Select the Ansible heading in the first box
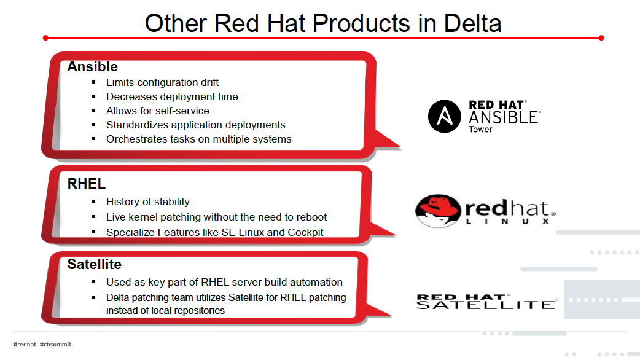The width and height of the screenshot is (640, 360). point(92,66)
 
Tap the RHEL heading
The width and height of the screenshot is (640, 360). point(87,184)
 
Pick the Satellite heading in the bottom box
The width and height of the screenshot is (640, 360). point(95,265)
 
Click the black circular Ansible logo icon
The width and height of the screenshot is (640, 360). point(445,116)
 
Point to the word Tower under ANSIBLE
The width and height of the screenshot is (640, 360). point(480,130)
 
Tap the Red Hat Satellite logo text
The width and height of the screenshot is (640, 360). point(485,302)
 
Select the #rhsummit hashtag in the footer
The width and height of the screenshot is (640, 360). point(55,345)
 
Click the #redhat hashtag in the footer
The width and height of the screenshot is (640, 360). point(25,345)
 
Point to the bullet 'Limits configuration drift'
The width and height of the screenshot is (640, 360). point(162,82)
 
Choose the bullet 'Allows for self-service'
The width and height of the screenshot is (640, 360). point(158,111)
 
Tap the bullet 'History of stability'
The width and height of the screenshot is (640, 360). point(148,202)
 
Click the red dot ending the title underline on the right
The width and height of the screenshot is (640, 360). point(601,38)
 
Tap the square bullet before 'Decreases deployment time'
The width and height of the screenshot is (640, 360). point(93,96)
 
